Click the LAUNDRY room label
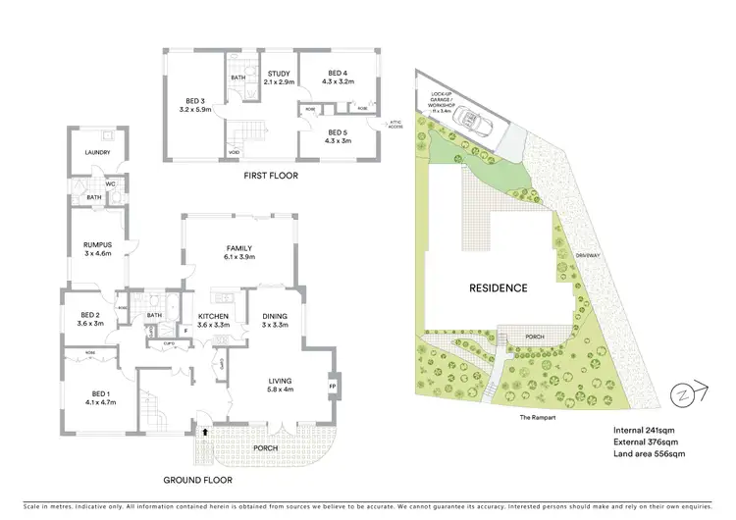click(96, 152)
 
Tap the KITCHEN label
click(213, 319)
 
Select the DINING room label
click(274, 319)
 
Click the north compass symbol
click(680, 394)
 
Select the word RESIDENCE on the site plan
click(498, 288)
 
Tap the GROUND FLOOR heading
click(196, 481)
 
